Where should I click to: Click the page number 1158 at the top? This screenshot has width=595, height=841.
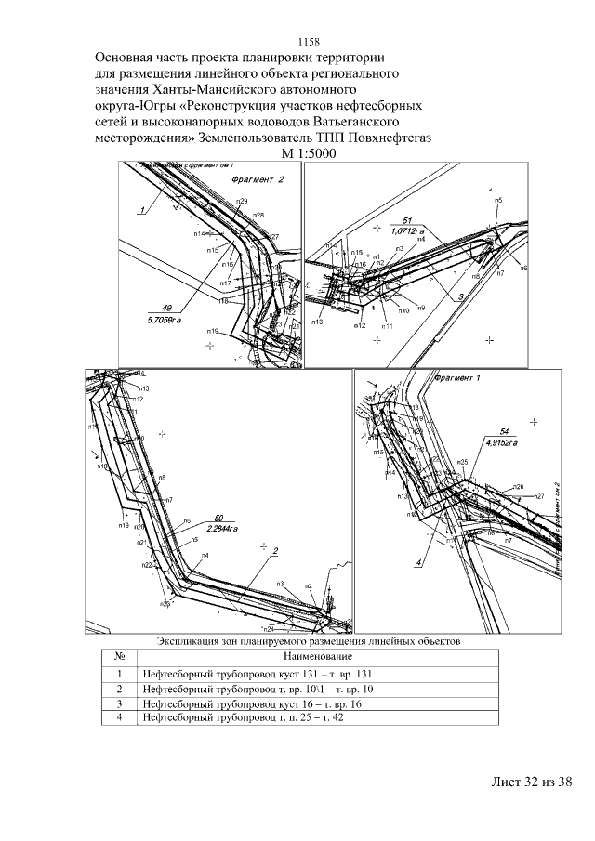click(308, 42)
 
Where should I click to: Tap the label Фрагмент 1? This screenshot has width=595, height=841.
click(456, 378)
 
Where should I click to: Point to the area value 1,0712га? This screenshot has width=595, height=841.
click(408, 229)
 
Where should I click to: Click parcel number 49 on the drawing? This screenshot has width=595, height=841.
click(166, 308)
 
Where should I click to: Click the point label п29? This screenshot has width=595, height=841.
click(242, 201)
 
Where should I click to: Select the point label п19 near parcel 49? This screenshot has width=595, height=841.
click(212, 332)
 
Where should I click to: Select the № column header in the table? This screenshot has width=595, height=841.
click(119, 655)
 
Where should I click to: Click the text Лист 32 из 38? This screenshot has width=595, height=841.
click(530, 782)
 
